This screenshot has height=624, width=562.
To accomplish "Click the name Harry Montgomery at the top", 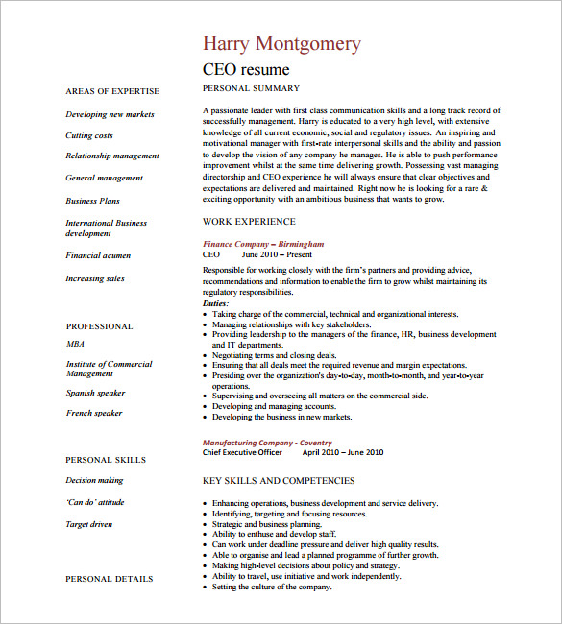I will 281,43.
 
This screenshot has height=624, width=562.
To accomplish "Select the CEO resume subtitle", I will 246,70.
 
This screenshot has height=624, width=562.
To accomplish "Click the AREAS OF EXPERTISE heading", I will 111,91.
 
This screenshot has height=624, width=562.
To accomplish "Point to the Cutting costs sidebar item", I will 88,135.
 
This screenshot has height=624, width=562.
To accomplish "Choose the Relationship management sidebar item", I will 112,156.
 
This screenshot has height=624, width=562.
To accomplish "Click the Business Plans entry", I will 93,201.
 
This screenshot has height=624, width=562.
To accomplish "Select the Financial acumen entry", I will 98,255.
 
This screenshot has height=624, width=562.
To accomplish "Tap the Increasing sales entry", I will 94,278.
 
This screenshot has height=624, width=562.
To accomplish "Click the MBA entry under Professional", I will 75,343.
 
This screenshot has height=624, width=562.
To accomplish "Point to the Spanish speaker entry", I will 95,393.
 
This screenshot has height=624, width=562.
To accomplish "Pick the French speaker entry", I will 93,413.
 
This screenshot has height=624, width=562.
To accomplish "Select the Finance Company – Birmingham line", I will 263,244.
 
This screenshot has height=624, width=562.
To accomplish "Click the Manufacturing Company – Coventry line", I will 267,442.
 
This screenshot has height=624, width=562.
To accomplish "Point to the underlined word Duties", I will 216,303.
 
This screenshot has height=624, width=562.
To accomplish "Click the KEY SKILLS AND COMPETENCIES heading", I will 278,480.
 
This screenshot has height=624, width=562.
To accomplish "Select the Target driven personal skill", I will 88,524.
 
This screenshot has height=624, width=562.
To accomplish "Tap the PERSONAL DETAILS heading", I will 109,579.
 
